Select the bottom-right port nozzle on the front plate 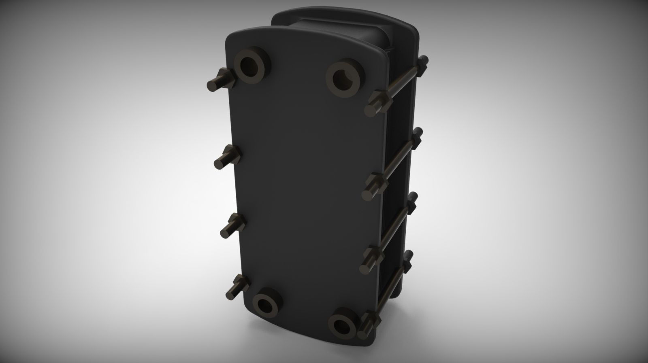click(x=343, y=321)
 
